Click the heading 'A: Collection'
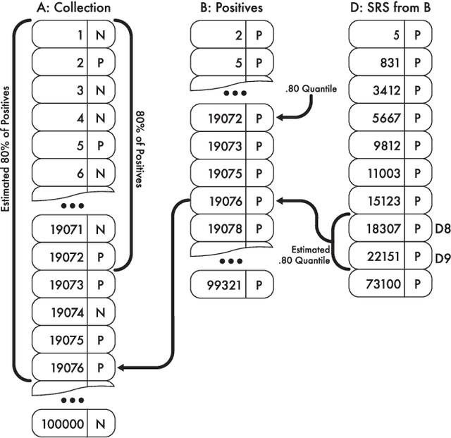click(x=73, y=8)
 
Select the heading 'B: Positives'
click(x=230, y=8)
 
